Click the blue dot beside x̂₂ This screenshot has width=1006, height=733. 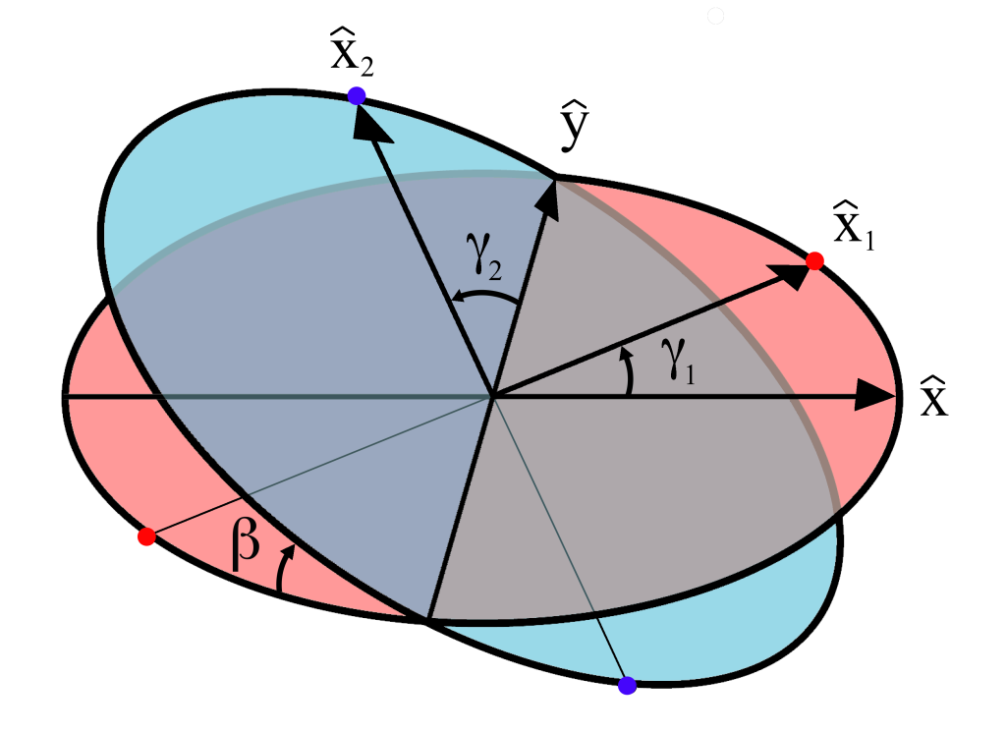(357, 95)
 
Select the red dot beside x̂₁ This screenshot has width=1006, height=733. (813, 261)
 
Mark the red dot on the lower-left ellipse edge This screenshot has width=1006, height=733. (146, 536)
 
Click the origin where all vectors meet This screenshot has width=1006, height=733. (492, 397)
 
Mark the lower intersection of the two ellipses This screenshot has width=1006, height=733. (427, 619)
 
